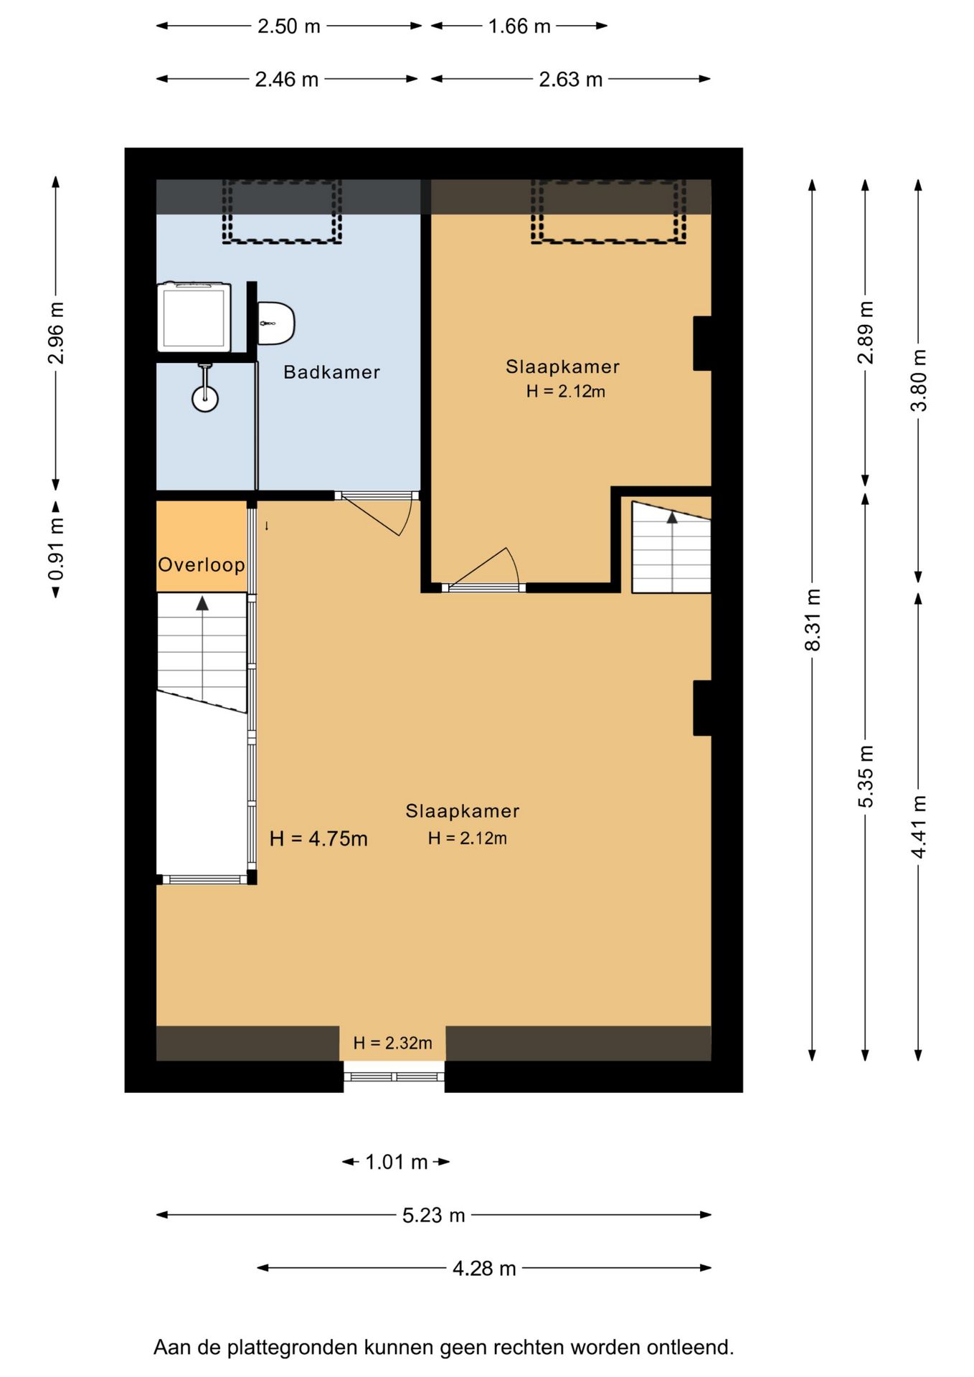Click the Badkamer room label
(331, 372)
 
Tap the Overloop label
(202, 565)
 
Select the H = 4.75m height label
(318, 838)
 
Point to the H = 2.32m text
(392, 1043)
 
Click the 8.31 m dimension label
(812, 620)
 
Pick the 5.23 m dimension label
(433, 1215)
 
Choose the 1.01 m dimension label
(397, 1162)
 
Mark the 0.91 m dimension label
(56, 549)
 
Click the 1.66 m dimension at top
(519, 27)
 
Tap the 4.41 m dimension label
(918, 826)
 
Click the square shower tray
(194, 316)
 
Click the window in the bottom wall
(394, 1076)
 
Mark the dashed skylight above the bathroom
(281, 212)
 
